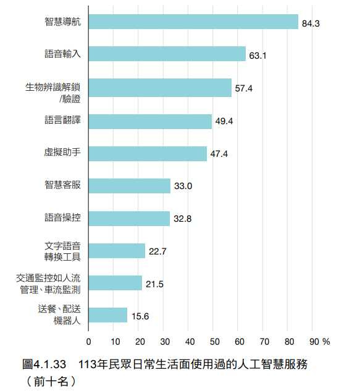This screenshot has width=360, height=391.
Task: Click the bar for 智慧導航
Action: pos(193,22)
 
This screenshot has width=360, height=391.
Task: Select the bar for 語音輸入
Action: pos(167,54)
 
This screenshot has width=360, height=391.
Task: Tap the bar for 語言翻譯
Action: pos(150,121)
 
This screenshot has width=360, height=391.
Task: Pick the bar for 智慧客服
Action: pos(129,186)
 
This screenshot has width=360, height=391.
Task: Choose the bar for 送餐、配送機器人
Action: pos(107,315)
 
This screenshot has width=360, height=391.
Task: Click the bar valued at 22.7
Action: pos(117,251)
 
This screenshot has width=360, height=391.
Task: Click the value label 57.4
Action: pos(244,88)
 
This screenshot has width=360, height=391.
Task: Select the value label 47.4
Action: pos(219,154)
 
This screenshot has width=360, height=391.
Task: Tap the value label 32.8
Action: pos(183,219)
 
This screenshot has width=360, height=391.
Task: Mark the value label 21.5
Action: pos(155,284)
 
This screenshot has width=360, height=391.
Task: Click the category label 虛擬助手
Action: pos(62,152)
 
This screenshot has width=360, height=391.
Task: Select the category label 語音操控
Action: pos(62,217)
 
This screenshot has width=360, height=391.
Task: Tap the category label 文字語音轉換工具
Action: pos(62,250)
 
